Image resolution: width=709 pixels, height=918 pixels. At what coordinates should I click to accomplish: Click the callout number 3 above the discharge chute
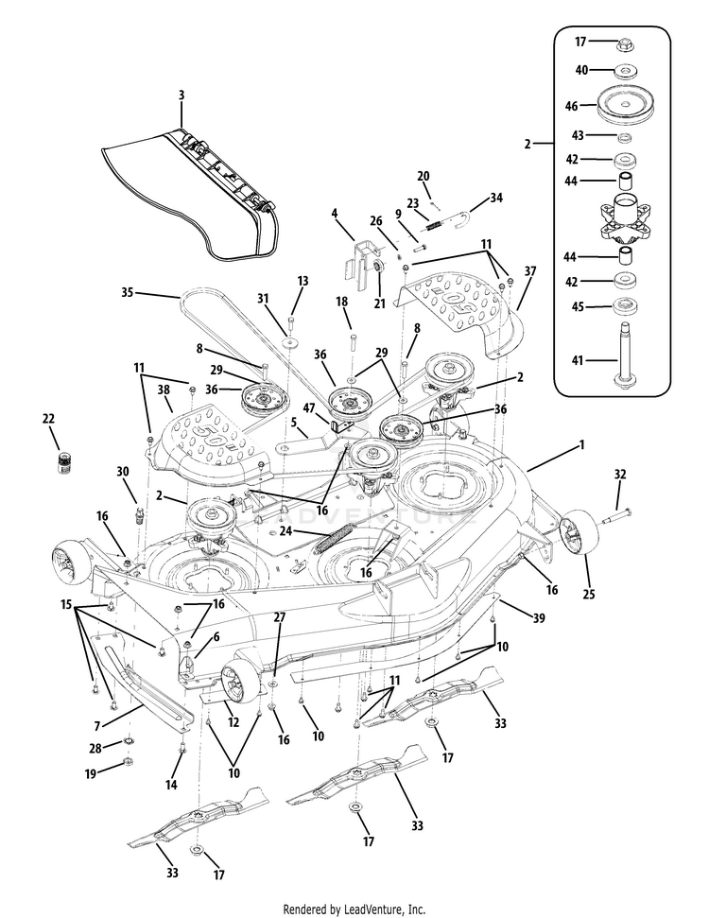pyautogui.click(x=181, y=95)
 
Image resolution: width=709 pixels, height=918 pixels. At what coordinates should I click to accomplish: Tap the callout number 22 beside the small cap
pyautogui.click(x=49, y=418)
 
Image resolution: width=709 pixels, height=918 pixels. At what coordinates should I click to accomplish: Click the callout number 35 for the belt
pyautogui.click(x=128, y=292)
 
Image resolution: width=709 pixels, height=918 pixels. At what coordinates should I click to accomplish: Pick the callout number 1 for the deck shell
pyautogui.click(x=582, y=444)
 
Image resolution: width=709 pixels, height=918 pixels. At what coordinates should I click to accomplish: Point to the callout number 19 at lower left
pyautogui.click(x=91, y=773)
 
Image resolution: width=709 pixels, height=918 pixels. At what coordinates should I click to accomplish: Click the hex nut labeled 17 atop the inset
pyautogui.click(x=624, y=43)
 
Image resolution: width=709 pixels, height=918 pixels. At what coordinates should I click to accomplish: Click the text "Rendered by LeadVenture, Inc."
pyautogui.click(x=354, y=909)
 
